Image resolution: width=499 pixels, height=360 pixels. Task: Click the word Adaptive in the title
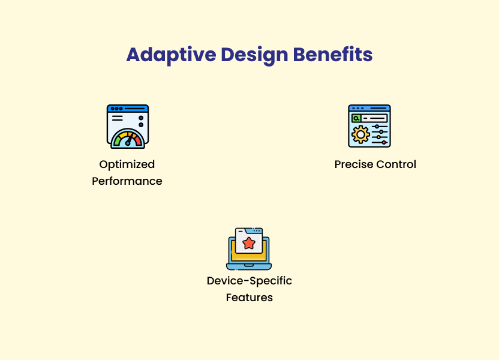click(x=171, y=55)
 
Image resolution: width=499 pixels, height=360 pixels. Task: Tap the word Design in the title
click(x=254, y=55)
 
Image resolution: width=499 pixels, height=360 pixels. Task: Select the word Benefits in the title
click(x=332, y=55)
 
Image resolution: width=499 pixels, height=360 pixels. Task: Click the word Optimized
click(x=127, y=164)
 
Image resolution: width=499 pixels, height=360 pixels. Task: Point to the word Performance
click(x=127, y=181)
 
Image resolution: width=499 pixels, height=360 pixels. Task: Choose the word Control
click(x=396, y=164)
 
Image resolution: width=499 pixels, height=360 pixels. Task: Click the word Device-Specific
click(x=249, y=281)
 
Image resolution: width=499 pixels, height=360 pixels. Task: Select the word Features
click(x=249, y=298)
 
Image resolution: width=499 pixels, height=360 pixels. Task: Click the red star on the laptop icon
click(x=249, y=243)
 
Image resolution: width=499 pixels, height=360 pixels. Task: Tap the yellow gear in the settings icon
click(x=360, y=134)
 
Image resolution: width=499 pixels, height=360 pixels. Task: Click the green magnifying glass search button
click(x=356, y=118)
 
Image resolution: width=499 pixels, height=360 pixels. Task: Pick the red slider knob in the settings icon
click(x=384, y=143)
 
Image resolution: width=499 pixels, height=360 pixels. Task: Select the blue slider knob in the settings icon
click(x=377, y=127)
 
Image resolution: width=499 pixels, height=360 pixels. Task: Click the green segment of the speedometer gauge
click(x=118, y=140)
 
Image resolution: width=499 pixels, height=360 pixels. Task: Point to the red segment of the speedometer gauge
click(x=138, y=140)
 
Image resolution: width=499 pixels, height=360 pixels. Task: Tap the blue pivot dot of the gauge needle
click(x=128, y=143)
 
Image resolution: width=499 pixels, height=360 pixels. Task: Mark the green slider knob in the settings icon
click(x=381, y=132)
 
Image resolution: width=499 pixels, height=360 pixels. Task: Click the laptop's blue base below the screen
click(x=249, y=266)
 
